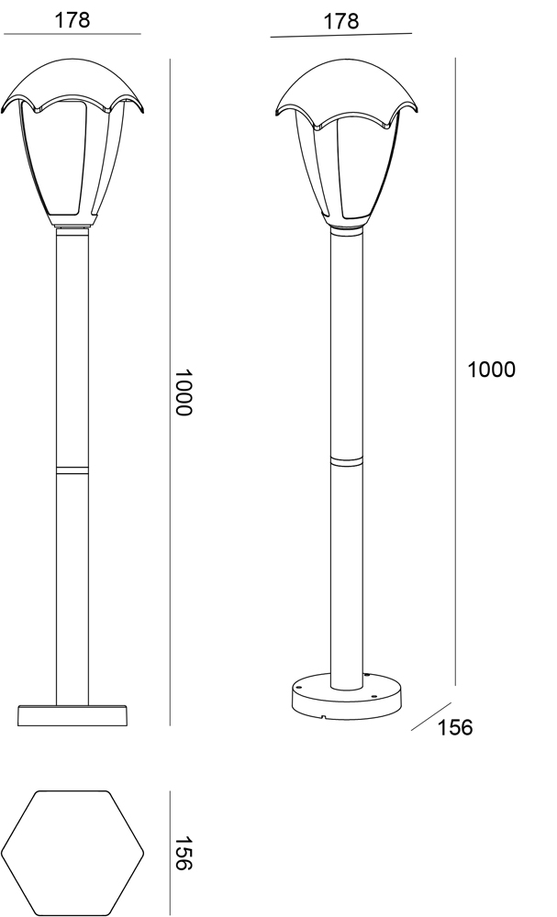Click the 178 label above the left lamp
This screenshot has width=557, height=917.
click(72, 20)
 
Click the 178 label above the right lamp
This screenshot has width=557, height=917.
click(341, 22)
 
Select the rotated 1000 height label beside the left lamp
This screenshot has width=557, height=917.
click(184, 392)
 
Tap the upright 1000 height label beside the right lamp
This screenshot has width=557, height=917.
click(492, 370)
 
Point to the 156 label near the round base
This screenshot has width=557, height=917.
click(454, 727)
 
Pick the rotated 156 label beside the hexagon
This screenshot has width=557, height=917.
click(184, 853)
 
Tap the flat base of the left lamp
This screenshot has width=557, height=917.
click(72, 715)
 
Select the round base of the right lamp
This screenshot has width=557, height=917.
click(348, 696)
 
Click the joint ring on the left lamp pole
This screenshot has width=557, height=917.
click(72, 470)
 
